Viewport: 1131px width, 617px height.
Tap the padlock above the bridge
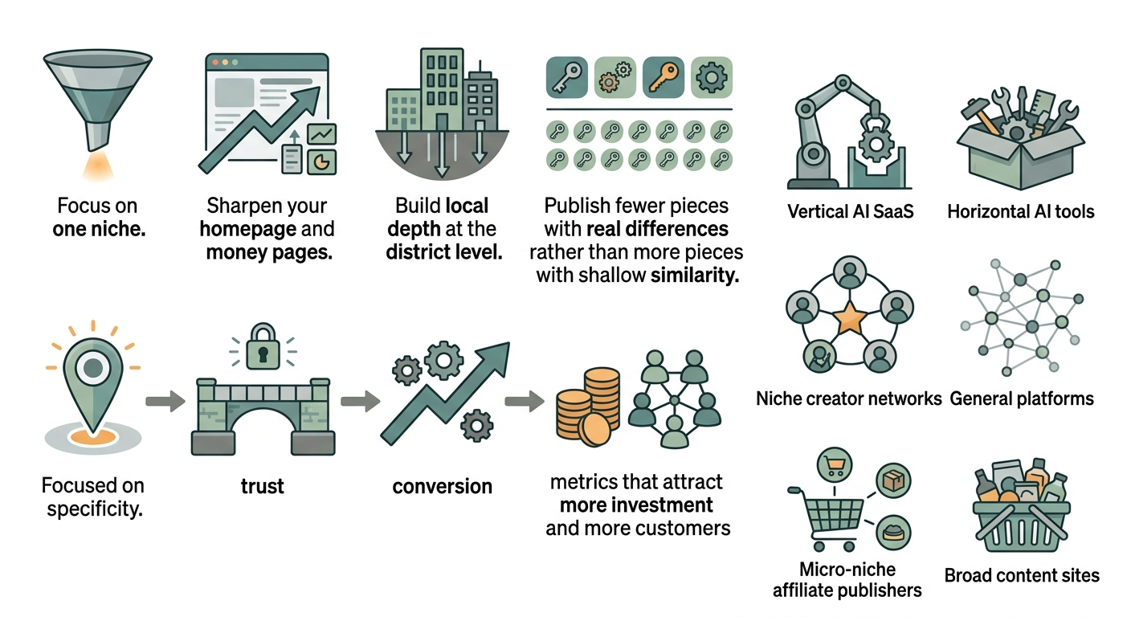pyautogui.click(x=263, y=347)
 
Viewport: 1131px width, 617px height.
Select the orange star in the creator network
pyautogui.click(x=850, y=318)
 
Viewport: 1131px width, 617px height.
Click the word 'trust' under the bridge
pyautogui.click(x=262, y=486)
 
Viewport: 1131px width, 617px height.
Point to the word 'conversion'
pyautogui.click(x=443, y=486)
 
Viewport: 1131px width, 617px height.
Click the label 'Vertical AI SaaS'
pyautogui.click(x=851, y=211)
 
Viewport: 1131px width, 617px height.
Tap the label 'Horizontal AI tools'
pyautogui.click(x=1021, y=211)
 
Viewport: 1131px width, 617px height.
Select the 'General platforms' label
pyautogui.click(x=1022, y=398)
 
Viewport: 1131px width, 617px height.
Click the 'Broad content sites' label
pyautogui.click(x=1022, y=575)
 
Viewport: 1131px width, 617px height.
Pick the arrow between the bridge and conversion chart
pyautogui.click(x=361, y=402)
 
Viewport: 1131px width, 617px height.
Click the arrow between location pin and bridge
pyautogui.click(x=165, y=402)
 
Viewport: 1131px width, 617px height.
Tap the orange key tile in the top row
pyautogui.click(x=663, y=77)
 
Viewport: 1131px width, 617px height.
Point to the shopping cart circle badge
pyautogui.click(x=834, y=465)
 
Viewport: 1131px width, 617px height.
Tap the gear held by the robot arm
pyautogui.click(x=876, y=145)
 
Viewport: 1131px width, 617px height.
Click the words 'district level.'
pyautogui.click(x=444, y=252)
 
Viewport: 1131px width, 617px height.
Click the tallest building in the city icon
pyautogui.click(x=442, y=89)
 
